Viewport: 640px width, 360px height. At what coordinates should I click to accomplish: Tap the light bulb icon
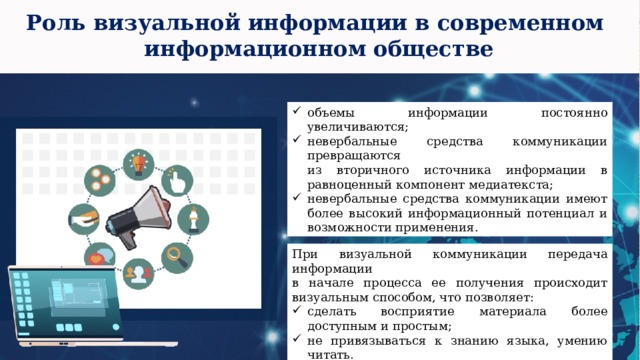[135, 162]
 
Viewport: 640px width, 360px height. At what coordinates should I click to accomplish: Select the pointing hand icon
[177, 181]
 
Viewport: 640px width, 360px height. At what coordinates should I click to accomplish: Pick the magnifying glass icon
[177, 256]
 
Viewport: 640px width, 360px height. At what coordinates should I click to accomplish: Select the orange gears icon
[97, 180]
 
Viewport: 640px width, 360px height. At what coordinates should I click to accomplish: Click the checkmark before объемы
[297, 114]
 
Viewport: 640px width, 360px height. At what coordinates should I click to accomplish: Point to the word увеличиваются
[355, 127]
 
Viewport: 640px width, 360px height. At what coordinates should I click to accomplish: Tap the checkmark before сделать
[297, 311]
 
